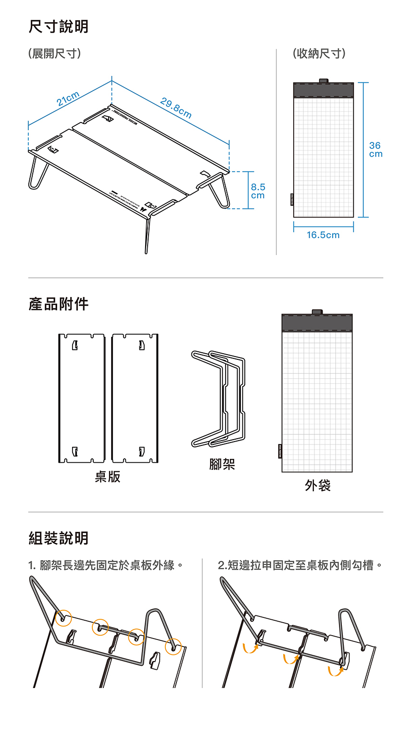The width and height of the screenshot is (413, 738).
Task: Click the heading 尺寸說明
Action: (59, 26)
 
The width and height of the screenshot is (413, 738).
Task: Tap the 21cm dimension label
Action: (68, 98)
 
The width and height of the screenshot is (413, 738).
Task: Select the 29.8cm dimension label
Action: (176, 108)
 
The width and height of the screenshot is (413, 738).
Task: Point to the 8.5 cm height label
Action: (258, 191)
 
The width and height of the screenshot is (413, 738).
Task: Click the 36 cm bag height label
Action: (375, 149)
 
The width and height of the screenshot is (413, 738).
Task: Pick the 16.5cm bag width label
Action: (323, 235)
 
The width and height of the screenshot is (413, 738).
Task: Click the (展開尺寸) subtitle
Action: (54, 54)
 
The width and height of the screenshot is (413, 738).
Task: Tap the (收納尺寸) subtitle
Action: (319, 54)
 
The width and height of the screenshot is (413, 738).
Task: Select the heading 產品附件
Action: (59, 304)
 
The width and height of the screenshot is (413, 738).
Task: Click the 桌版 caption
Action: (108, 477)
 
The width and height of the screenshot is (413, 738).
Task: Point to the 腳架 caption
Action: (222, 464)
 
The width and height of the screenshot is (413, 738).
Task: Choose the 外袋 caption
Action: (317, 486)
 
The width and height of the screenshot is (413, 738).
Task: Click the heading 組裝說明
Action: (59, 538)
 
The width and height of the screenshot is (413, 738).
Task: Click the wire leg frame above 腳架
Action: (219, 399)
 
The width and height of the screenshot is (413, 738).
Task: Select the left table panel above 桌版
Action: (82, 398)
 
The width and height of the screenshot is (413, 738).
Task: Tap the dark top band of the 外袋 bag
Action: (317, 323)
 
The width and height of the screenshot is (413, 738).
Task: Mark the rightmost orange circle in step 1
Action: (173, 647)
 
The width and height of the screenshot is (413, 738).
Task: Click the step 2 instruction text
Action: (300, 566)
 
